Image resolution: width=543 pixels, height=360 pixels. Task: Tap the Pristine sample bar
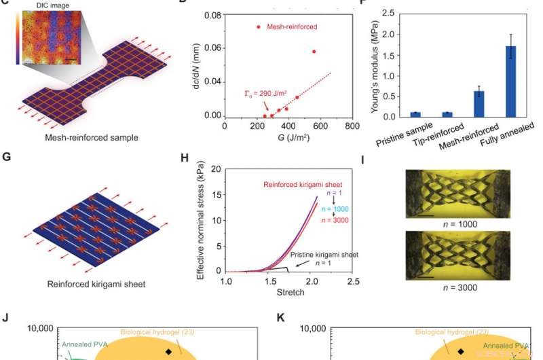[x=401, y=114]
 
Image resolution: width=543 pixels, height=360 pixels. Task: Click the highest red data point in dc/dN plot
[x=314, y=52]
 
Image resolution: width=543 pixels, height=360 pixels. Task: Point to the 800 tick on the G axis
[x=352, y=126]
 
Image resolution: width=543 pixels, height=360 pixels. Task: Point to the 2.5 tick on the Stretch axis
[x=352, y=281]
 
